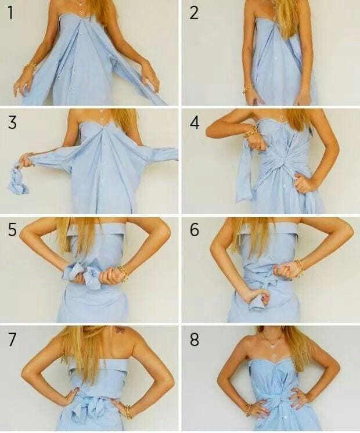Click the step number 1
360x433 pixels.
(x=10, y=13)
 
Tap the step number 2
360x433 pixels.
(x=194, y=13)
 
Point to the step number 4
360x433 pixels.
(x=195, y=123)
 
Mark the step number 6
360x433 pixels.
(x=195, y=230)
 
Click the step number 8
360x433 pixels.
(x=195, y=339)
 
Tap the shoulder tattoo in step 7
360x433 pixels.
(x=120, y=330)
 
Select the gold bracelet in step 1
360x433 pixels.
(x=28, y=68)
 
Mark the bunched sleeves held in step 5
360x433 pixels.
(x=80, y=274)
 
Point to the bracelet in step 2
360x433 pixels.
(x=248, y=88)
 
